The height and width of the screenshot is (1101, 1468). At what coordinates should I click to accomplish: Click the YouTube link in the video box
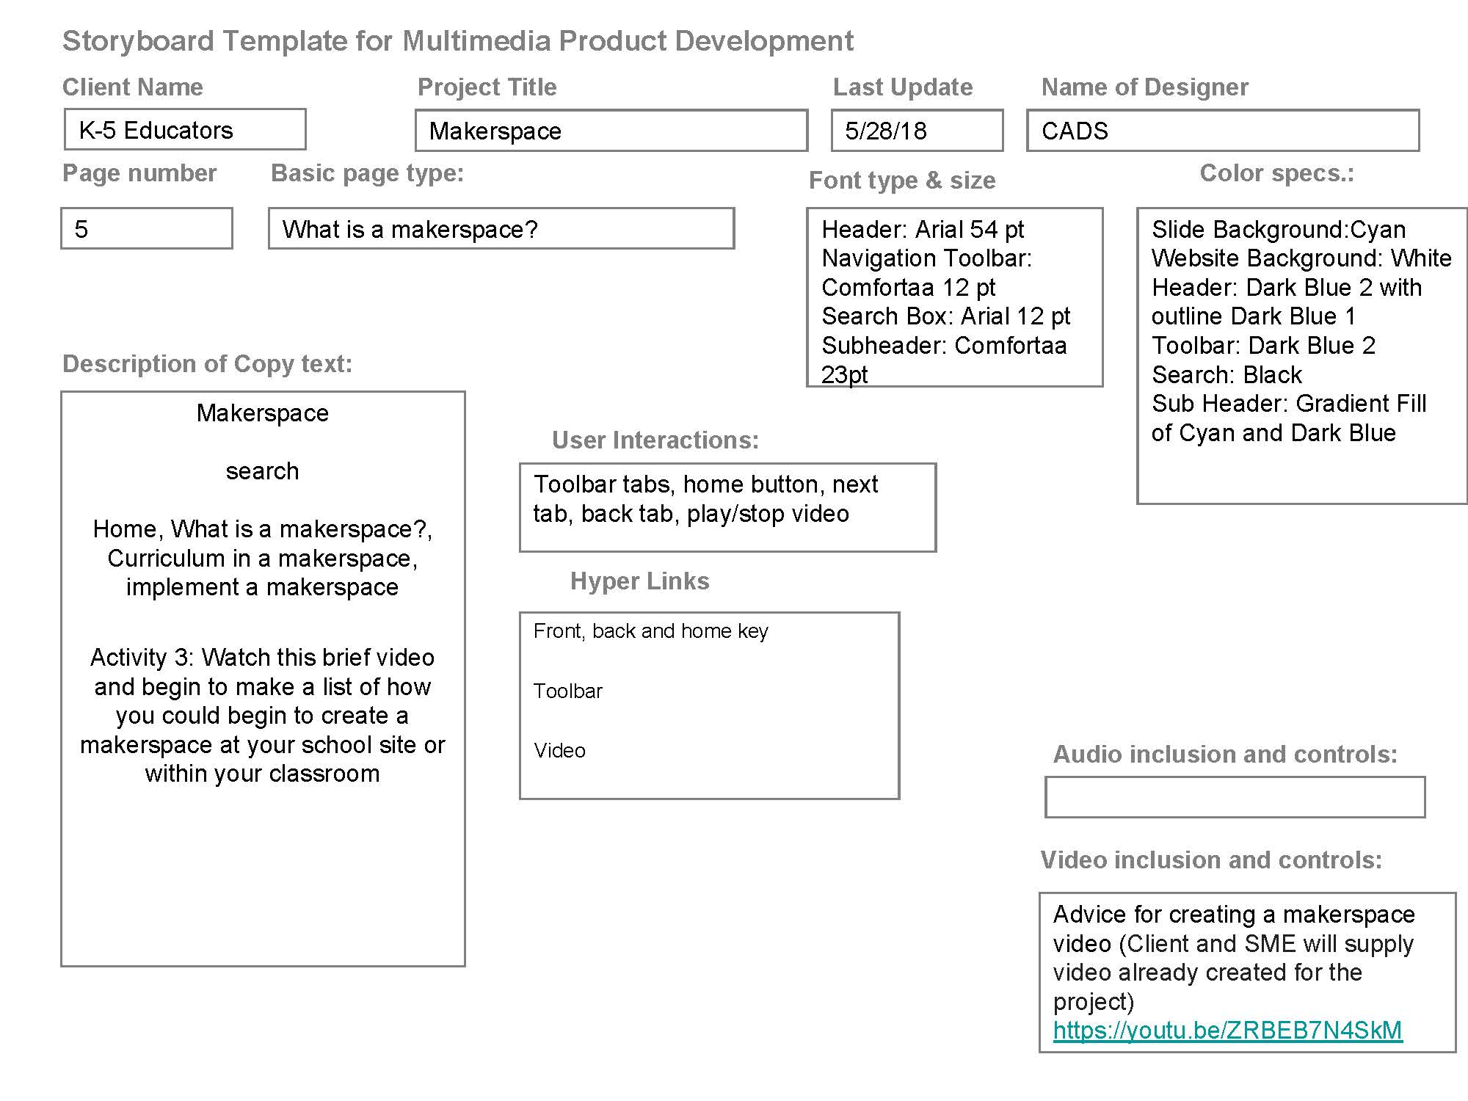click(1227, 1031)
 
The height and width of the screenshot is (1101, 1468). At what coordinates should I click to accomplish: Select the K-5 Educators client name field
click(184, 130)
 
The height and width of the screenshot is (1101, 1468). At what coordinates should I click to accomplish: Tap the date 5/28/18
click(885, 131)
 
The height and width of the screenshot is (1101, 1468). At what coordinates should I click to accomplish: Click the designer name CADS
click(1075, 131)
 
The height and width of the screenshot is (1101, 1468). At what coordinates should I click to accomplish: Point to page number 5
click(81, 229)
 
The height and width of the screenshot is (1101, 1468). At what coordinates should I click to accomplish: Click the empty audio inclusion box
click(1235, 797)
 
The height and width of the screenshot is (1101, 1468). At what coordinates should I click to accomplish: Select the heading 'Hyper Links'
click(639, 581)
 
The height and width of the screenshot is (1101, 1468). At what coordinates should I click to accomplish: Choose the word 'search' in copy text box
click(262, 471)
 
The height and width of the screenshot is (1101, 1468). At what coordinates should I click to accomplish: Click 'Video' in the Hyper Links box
click(559, 751)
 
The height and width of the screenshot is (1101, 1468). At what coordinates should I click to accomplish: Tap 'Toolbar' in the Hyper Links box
click(567, 691)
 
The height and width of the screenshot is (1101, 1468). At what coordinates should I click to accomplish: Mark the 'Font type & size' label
click(902, 181)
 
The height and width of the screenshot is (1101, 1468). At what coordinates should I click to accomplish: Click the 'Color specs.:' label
click(1276, 173)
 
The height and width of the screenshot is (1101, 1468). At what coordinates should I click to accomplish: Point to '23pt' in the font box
click(844, 375)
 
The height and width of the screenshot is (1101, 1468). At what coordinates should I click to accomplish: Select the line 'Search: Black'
click(1227, 375)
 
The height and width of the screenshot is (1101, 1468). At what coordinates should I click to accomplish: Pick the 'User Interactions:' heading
click(655, 440)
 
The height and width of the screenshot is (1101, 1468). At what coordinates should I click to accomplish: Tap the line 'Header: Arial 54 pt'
click(923, 230)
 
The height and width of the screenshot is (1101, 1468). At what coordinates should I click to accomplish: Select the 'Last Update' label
click(902, 87)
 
